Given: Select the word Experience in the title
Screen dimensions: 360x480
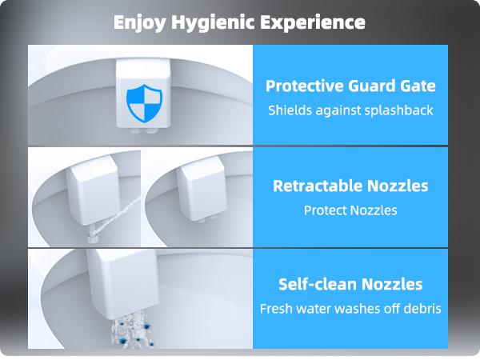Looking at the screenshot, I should tap(316, 22).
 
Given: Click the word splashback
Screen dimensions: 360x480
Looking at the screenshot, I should tap(397, 110).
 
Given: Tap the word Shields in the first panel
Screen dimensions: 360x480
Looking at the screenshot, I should tap(288, 110).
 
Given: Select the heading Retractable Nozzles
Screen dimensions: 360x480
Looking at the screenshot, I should tap(350, 186).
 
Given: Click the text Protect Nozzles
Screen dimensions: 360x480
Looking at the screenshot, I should tap(350, 210).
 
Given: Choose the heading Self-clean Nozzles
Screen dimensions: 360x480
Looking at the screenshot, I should tap(350, 284).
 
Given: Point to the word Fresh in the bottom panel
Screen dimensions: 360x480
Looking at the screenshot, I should tap(278, 308).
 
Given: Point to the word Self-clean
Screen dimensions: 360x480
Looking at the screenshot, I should tap(315, 284).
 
